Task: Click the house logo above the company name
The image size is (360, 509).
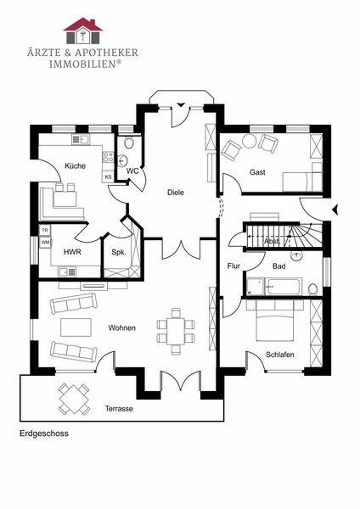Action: [x=83, y=31]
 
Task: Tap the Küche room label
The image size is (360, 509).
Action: [x=75, y=166]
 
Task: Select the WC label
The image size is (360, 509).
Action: [x=132, y=171]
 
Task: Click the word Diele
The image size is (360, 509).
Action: [x=176, y=193]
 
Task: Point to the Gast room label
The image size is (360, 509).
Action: [x=257, y=172]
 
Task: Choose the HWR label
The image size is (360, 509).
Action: [x=72, y=252]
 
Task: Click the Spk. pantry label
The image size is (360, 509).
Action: [x=119, y=252]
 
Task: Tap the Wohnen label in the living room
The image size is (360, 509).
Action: [x=122, y=327]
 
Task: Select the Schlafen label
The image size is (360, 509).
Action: [x=279, y=355]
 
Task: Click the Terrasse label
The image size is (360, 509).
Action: [x=119, y=409]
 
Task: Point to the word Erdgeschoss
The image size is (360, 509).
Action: [x=44, y=433]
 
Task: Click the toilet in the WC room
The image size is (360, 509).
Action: [x=129, y=143]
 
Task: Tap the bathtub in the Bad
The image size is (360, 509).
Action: [x=284, y=287]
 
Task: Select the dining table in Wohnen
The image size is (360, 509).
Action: [x=176, y=331]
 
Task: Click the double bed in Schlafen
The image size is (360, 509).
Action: [x=275, y=321]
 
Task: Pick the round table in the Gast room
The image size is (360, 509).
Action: [x=250, y=141]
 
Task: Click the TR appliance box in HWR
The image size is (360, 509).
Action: [x=45, y=230]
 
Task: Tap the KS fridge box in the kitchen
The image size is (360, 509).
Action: [x=108, y=177]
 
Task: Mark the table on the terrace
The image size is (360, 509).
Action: [x=75, y=400]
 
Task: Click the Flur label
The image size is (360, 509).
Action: [x=233, y=266]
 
